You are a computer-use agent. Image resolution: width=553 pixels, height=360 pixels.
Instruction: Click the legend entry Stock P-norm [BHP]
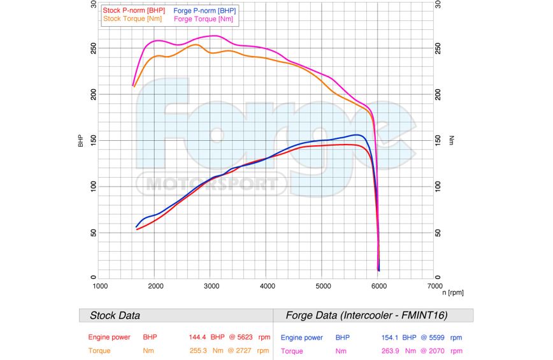134,11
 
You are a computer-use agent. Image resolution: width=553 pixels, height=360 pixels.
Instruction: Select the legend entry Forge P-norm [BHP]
205,11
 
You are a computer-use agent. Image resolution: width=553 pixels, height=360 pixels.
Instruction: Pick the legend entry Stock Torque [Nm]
133,19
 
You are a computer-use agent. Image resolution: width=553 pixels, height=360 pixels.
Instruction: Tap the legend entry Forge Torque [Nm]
203,19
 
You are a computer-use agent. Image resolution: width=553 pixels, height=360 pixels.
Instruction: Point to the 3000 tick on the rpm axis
212,286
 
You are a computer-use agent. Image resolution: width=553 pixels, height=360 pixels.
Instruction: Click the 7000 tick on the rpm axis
434,286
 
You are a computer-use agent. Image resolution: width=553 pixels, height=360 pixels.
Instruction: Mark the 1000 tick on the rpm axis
100,286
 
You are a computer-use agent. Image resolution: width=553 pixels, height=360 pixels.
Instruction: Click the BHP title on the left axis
81,140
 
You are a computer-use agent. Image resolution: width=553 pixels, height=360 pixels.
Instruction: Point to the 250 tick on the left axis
93,48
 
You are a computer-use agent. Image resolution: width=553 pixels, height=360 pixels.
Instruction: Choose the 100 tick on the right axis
438,186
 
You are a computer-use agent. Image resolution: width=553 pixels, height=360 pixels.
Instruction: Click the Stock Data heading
115,315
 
